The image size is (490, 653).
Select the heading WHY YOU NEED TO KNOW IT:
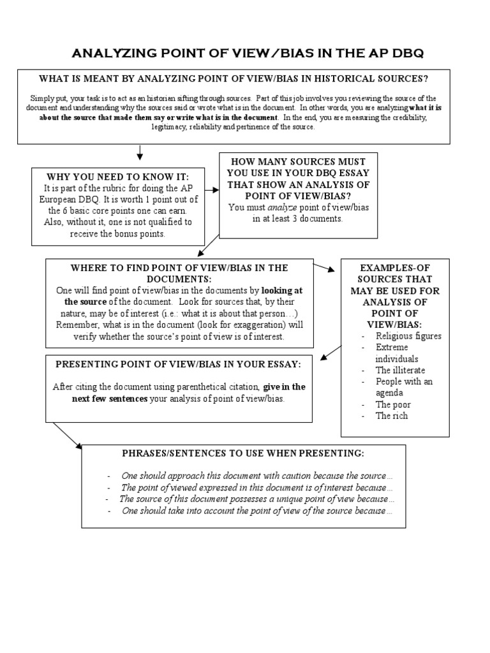[x=117, y=176]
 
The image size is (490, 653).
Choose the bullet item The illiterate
[x=400, y=371]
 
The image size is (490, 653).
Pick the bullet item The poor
[x=393, y=405]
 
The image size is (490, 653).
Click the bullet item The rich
[x=392, y=416]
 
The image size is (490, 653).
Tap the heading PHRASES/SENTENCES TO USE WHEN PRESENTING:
[x=243, y=453]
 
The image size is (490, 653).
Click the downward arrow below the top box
[x=140, y=153]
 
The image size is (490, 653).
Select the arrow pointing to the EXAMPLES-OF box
[x=326, y=267]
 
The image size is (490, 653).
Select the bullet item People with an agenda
[x=404, y=387]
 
